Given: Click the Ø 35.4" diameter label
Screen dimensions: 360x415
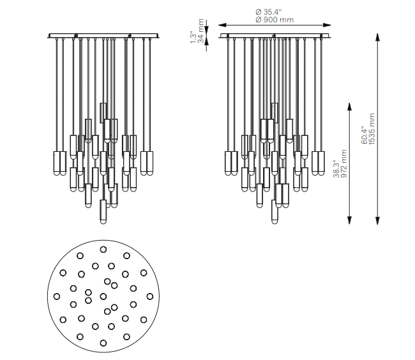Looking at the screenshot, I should pos(274,11).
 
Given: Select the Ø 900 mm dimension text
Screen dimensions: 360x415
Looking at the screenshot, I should pos(274,20).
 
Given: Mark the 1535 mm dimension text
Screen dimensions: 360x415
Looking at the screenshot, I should pos(372,129).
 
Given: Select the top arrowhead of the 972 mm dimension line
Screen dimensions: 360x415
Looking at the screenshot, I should pos(350,107).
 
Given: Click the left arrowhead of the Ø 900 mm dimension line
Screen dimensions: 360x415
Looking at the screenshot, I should pos(223,25).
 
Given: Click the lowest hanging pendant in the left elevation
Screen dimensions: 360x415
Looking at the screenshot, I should pos(103,211).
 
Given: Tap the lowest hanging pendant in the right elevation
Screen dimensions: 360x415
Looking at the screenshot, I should pos(275,211).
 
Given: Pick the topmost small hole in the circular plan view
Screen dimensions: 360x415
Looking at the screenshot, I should pos(103,248).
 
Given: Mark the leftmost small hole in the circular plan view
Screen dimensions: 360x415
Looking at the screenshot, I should pos(57,296).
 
